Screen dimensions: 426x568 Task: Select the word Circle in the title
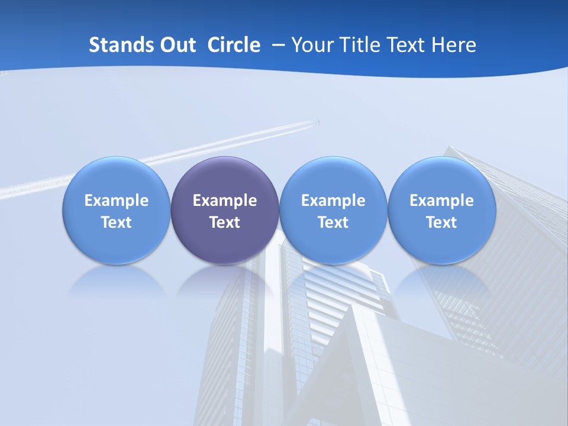tap(234, 45)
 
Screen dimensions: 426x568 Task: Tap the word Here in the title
tap(455, 45)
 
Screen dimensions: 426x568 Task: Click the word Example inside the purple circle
tap(225, 201)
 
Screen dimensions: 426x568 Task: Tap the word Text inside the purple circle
tap(225, 222)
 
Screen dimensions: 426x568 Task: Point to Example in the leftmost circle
tap(117, 201)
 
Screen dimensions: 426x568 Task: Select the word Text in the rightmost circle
tap(442, 222)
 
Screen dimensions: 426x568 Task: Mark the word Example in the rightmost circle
tap(442, 201)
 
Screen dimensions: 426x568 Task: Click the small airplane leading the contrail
tap(319, 122)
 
